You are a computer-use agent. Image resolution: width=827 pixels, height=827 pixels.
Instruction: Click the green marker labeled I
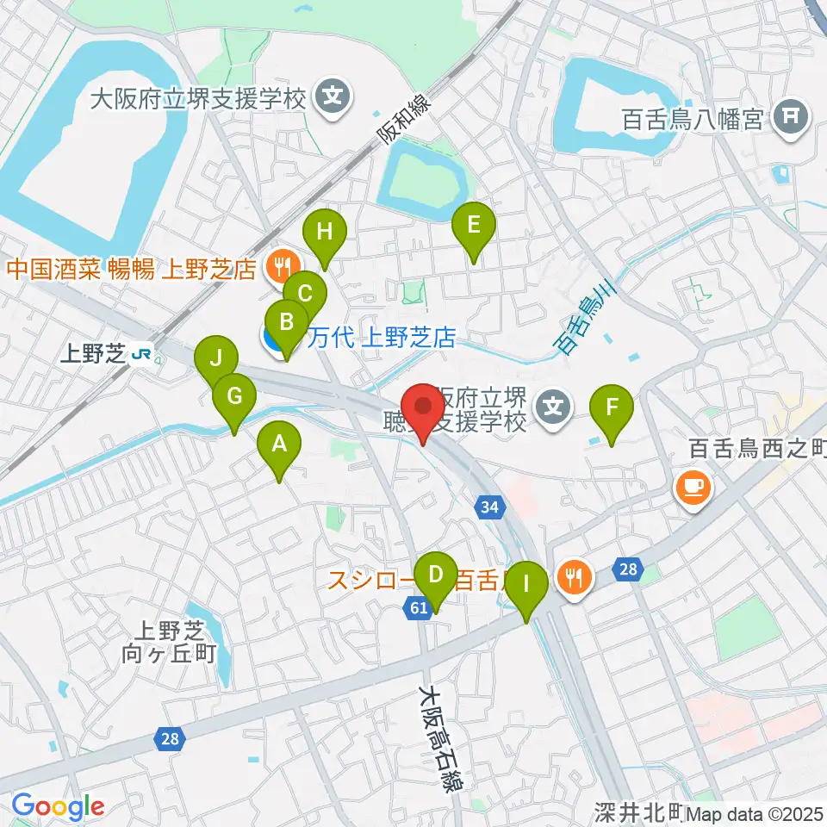pyautogui.click(x=527, y=589)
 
